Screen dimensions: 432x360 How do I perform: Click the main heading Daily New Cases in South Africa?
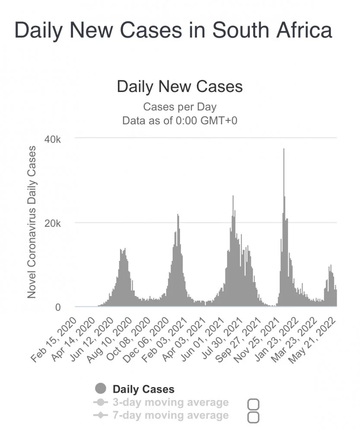[x=173, y=31]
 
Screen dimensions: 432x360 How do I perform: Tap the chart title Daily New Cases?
[x=180, y=86]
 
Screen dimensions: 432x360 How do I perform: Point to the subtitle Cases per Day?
[x=180, y=106]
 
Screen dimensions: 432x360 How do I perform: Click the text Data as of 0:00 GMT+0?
[x=180, y=120]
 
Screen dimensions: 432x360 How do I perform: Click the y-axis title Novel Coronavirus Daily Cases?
[x=32, y=222]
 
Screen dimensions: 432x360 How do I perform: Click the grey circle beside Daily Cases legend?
[x=101, y=389]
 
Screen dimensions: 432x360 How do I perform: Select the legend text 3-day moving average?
[x=170, y=403]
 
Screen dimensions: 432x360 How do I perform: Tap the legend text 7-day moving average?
[x=170, y=416]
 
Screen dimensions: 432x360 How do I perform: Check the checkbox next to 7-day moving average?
[x=254, y=417]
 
